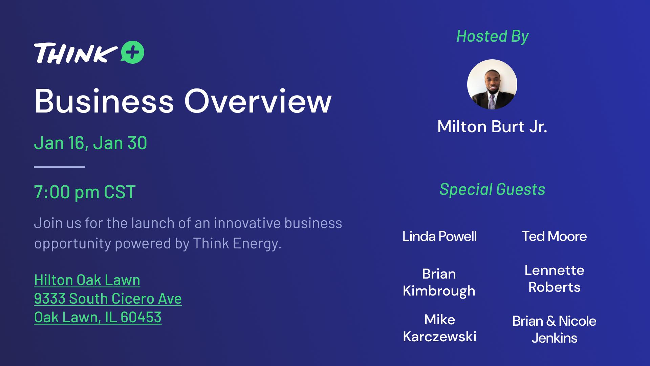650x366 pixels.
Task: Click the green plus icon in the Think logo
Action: [x=132, y=52]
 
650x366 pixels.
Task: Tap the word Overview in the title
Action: [x=258, y=101]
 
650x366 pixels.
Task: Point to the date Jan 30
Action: [x=120, y=143]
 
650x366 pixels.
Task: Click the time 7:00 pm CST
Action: [x=85, y=192]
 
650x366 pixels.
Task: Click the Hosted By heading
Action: [x=492, y=37]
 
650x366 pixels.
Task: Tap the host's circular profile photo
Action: [x=492, y=84]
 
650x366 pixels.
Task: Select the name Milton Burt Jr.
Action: [x=492, y=127]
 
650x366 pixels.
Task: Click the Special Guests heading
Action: [x=492, y=189]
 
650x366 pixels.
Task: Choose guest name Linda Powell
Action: [x=439, y=236]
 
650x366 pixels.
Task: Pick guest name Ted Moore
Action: [x=554, y=236]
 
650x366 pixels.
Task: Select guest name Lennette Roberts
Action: [x=554, y=279]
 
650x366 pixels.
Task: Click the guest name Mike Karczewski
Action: [x=439, y=328]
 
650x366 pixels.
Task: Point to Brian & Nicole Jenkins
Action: [x=554, y=329]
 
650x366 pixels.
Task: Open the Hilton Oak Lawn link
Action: [x=87, y=280]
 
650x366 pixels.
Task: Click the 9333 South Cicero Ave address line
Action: [x=108, y=299]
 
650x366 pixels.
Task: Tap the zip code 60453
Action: [x=141, y=318]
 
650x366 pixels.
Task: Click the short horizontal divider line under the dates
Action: [x=60, y=167]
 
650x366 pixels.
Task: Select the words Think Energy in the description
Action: [x=237, y=244]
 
